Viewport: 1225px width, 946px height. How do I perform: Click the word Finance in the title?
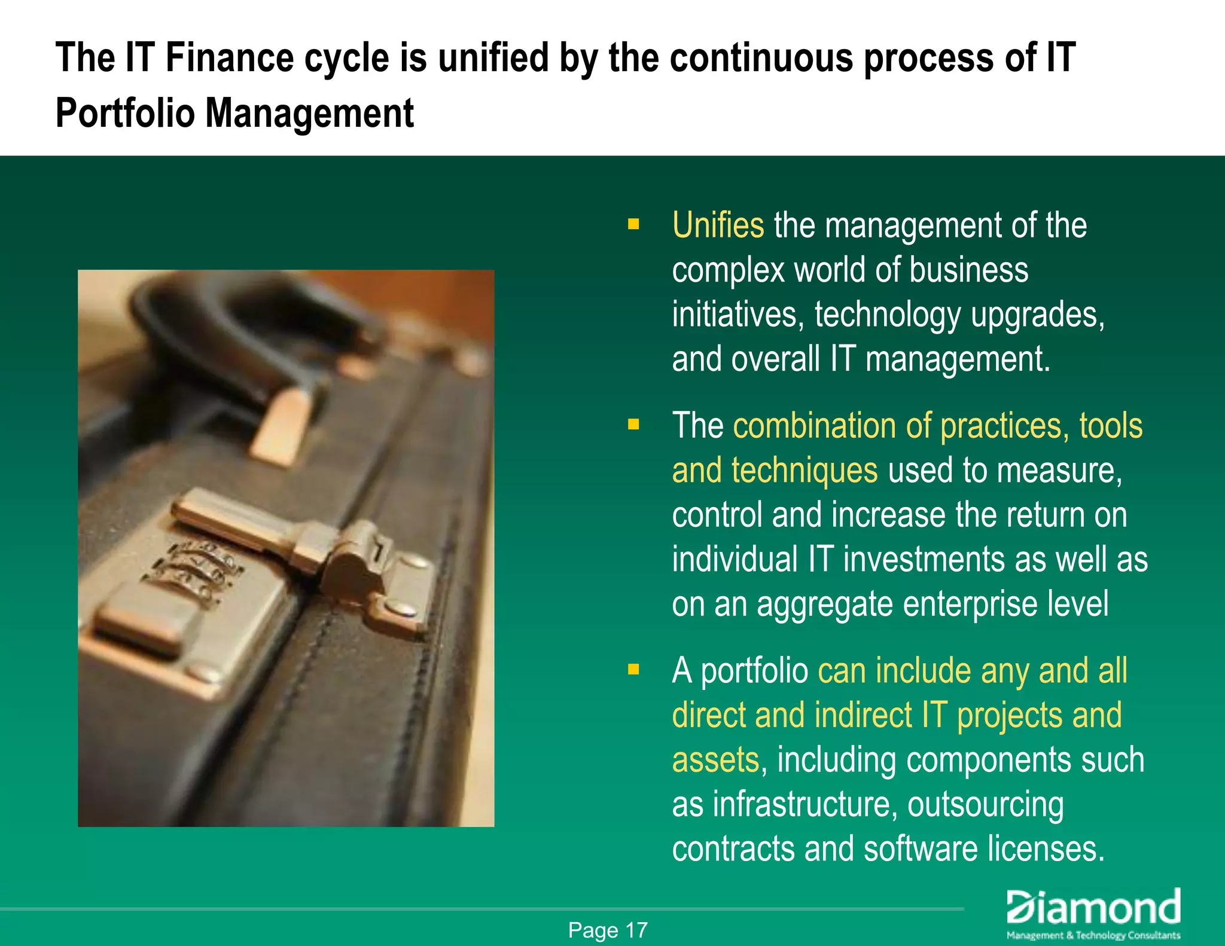click(229, 58)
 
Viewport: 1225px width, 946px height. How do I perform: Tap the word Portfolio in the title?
click(125, 114)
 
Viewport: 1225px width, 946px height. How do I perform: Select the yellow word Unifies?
click(718, 225)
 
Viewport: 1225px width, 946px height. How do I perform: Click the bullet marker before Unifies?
click(633, 225)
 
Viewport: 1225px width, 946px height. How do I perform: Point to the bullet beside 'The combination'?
click(633, 425)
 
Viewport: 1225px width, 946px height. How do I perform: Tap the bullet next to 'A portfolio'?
click(633, 670)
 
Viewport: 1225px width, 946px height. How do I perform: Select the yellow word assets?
click(715, 759)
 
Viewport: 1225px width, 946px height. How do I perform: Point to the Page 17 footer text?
click(608, 930)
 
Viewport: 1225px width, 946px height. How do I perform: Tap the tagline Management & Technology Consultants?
click(1093, 935)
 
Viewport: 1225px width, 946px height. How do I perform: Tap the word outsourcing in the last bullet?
click(985, 804)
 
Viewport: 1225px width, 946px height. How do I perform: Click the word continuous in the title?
click(761, 58)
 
